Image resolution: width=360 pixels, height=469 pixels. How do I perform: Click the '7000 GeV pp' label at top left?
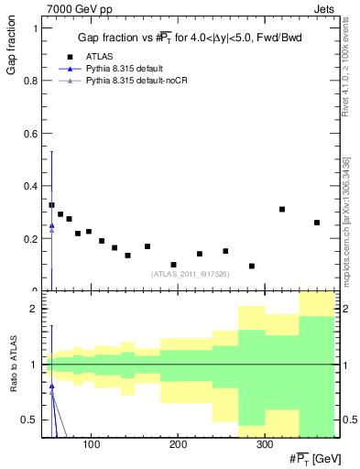tap(74, 7)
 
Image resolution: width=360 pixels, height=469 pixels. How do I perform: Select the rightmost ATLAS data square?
tap(317, 223)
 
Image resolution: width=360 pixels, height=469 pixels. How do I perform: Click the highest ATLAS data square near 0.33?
tap(51, 205)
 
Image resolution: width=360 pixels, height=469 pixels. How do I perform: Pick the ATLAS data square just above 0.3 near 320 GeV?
tap(282, 210)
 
